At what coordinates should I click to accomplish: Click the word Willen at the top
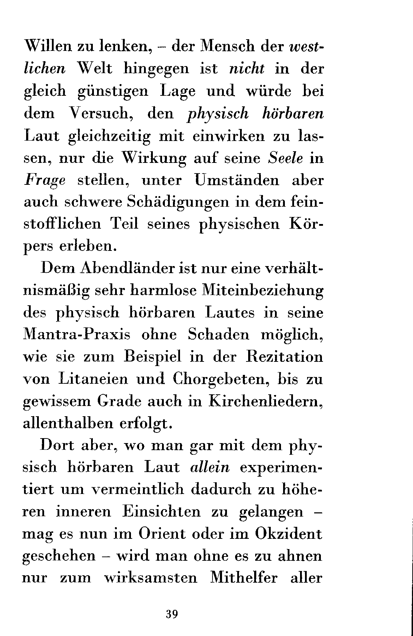(48, 46)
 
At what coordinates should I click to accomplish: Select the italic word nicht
(247, 69)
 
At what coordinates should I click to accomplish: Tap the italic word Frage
(44, 180)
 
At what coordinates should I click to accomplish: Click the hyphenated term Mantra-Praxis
(76, 335)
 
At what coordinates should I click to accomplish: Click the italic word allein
(210, 467)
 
